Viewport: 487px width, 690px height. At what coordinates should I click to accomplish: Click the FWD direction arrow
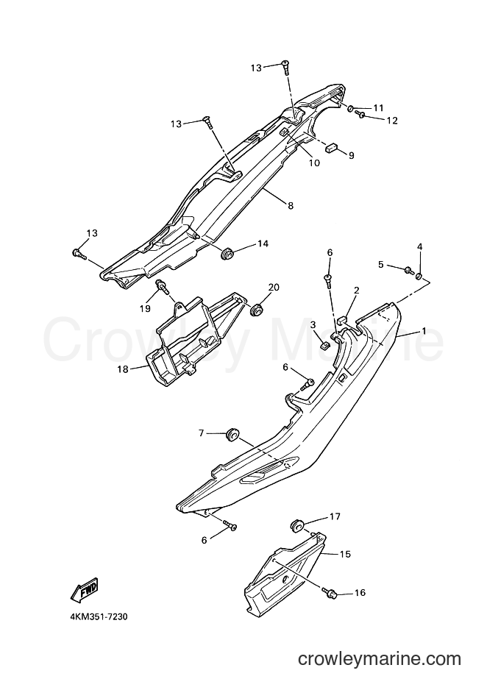click(x=85, y=591)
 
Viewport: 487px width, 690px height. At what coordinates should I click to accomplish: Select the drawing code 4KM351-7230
click(x=99, y=616)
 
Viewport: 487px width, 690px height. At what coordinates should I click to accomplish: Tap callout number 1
click(x=424, y=330)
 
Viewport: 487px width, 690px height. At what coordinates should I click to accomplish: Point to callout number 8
click(x=291, y=205)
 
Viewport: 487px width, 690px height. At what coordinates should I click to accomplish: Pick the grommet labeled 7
click(x=232, y=435)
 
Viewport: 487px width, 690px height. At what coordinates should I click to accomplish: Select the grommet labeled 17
click(x=298, y=525)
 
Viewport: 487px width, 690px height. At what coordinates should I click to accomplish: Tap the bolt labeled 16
click(x=330, y=593)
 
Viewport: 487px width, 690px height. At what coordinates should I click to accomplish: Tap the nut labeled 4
click(x=420, y=276)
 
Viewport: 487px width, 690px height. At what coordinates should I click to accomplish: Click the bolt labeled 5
click(x=408, y=270)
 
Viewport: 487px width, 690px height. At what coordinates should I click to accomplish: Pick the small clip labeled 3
click(x=324, y=344)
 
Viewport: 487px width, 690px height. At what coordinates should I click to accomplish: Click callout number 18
click(x=123, y=369)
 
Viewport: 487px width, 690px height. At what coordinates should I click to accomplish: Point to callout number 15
click(x=346, y=555)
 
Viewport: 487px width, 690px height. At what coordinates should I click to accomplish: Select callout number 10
click(x=314, y=163)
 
